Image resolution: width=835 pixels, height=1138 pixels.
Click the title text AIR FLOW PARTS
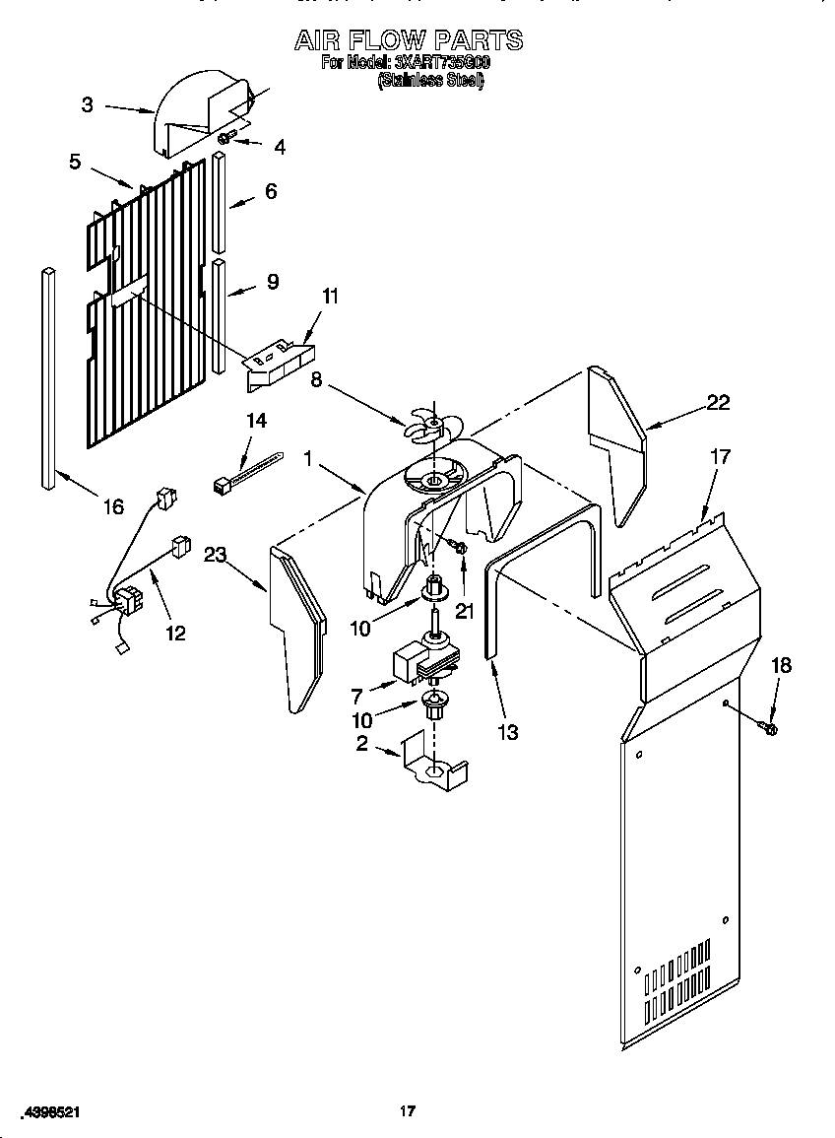click(409, 40)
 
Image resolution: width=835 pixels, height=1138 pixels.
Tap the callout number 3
click(88, 104)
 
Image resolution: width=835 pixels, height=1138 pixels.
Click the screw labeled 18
click(770, 728)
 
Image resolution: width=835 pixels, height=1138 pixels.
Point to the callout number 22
click(719, 402)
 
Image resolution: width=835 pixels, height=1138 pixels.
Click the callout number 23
click(215, 555)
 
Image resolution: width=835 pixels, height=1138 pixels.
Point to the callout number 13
click(508, 732)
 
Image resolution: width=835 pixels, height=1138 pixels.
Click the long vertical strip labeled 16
click(48, 374)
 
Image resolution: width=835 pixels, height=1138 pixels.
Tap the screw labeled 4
click(225, 139)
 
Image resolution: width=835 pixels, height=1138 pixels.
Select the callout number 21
click(465, 611)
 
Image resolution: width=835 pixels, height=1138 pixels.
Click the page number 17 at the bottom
click(407, 1111)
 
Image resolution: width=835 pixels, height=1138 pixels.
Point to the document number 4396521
click(50, 1111)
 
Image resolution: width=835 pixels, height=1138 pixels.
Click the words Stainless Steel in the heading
click(430, 83)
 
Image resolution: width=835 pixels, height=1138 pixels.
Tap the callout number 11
click(330, 297)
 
